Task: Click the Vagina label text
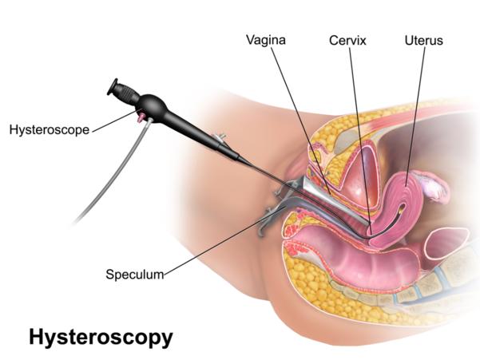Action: pyautogui.click(x=266, y=40)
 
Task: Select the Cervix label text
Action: pyautogui.click(x=347, y=41)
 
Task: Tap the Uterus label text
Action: pyautogui.click(x=423, y=41)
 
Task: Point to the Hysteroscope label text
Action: pyautogui.click(x=50, y=130)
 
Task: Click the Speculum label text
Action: pyautogui.click(x=135, y=275)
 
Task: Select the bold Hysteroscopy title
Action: pyautogui.click(x=101, y=338)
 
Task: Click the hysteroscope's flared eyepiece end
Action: pyautogui.click(x=112, y=86)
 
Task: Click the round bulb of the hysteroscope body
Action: pyautogui.click(x=153, y=106)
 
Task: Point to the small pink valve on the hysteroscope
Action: pyautogui.click(x=141, y=117)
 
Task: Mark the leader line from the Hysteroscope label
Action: pyautogui.click(x=114, y=121)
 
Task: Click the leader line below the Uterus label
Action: pyautogui.click(x=415, y=117)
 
